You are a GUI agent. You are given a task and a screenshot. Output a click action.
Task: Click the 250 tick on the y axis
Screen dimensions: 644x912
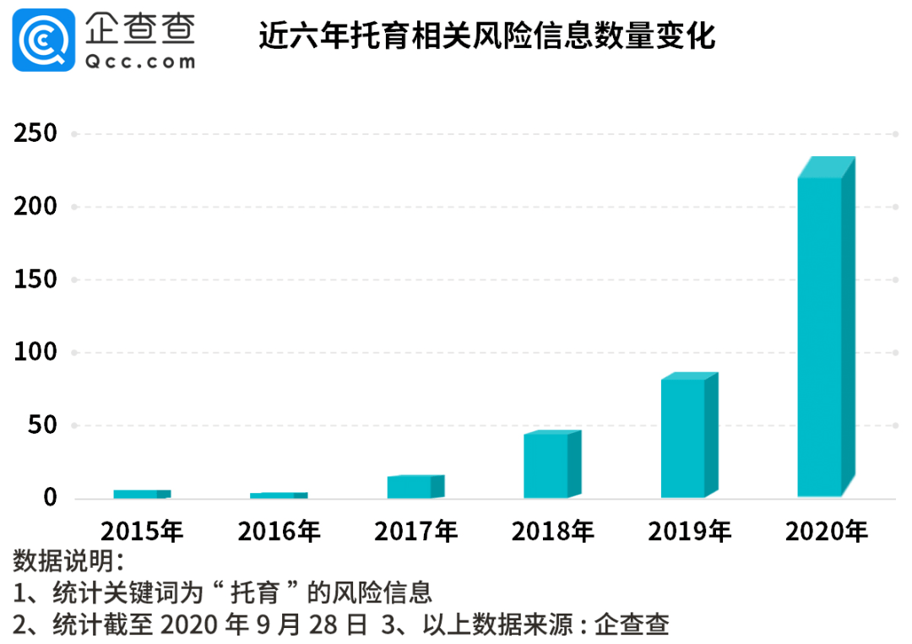pyautogui.click(x=35, y=133)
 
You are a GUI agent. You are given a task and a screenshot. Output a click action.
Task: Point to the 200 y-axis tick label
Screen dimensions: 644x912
pyautogui.click(x=35, y=207)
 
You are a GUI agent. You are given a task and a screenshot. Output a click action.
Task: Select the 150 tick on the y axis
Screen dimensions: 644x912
pyautogui.click(x=35, y=279)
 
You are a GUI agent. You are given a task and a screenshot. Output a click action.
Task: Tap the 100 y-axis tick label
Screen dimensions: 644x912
pyautogui.click(x=35, y=352)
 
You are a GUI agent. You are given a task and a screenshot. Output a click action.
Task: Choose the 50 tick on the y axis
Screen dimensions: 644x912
pyautogui.click(x=42, y=425)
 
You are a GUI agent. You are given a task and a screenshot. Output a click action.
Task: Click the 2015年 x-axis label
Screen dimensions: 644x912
pyautogui.click(x=141, y=531)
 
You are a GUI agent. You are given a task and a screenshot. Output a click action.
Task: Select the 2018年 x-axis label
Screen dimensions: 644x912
pyautogui.click(x=552, y=531)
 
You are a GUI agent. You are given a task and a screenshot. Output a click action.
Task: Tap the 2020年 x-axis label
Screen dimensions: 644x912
pyautogui.click(x=826, y=531)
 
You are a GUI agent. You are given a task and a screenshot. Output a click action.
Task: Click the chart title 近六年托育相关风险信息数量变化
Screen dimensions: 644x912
pyautogui.click(x=486, y=37)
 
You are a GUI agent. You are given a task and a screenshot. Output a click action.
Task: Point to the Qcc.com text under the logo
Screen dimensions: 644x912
pyautogui.click(x=140, y=61)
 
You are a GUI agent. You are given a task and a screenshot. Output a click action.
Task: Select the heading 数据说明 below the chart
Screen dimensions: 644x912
pyautogui.click(x=68, y=560)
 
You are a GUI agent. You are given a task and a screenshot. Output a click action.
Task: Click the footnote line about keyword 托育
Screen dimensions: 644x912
pyautogui.click(x=223, y=592)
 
